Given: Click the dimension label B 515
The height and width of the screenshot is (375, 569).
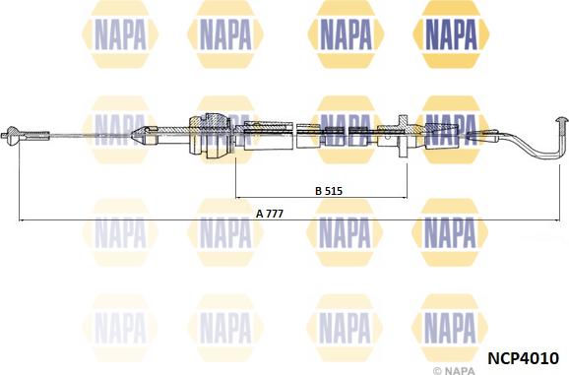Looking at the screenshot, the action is click(x=329, y=190).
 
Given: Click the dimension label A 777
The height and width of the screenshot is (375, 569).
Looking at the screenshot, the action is click(x=270, y=214).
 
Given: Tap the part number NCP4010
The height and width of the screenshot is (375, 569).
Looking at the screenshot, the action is click(x=523, y=358).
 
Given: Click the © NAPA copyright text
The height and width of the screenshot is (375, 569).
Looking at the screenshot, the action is click(x=454, y=371).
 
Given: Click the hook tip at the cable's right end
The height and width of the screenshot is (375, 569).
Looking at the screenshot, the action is click(x=562, y=120).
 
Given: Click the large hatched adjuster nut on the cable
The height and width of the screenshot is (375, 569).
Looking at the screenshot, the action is click(x=210, y=135).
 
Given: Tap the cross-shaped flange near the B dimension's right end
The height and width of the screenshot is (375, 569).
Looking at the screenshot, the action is click(x=404, y=137).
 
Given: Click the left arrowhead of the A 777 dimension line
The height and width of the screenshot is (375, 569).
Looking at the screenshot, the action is click(x=21, y=219).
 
